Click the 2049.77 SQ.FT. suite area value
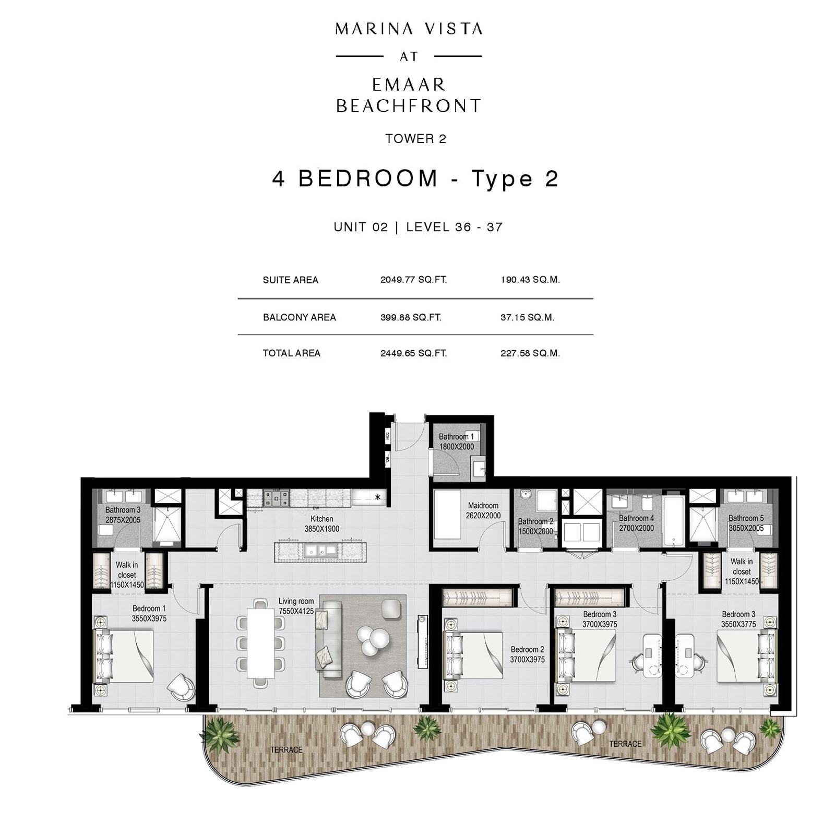pos(413,280)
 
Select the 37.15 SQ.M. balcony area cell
pos(527,317)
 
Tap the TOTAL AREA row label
pos(291,353)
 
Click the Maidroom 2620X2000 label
pos(483,510)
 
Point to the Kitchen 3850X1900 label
pos(321,524)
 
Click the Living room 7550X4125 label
pos(296,606)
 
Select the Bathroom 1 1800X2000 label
pos(456,442)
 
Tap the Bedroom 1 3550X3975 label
pos(149,613)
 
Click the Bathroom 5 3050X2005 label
pos(746,523)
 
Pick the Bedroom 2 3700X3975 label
pos(527,654)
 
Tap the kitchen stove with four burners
pos(276,498)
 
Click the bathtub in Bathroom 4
pos(673,520)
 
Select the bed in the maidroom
pos(447,515)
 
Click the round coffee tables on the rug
pos(373,640)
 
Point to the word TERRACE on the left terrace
pos(286,750)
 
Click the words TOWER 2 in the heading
pos(416,139)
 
